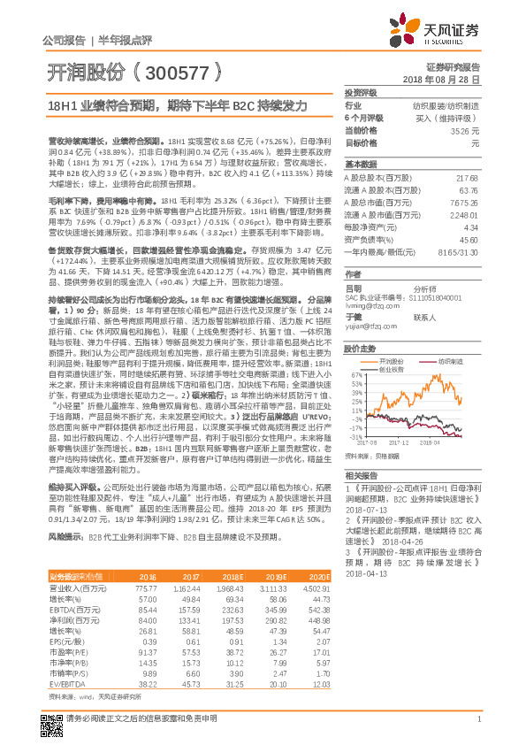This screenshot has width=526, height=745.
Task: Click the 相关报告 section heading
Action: [360, 474]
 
